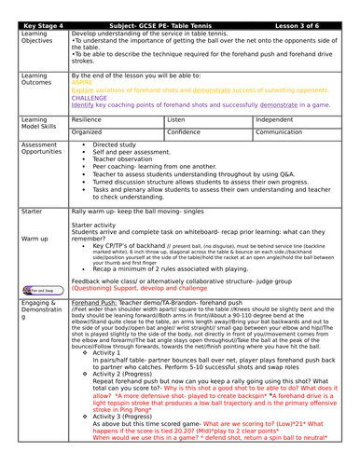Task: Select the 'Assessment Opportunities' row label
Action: pyautogui.click(x=30, y=150)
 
